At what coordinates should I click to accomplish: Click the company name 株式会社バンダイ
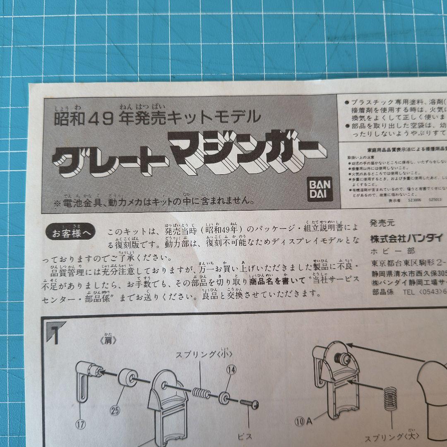[x=406, y=238]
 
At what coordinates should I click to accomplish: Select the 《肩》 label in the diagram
[x=108, y=341]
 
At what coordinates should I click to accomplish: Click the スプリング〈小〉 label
[x=204, y=354]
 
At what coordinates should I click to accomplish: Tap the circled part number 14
[x=231, y=370]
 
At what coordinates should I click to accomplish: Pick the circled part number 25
[x=116, y=411]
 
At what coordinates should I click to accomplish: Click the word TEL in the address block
[x=410, y=292]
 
